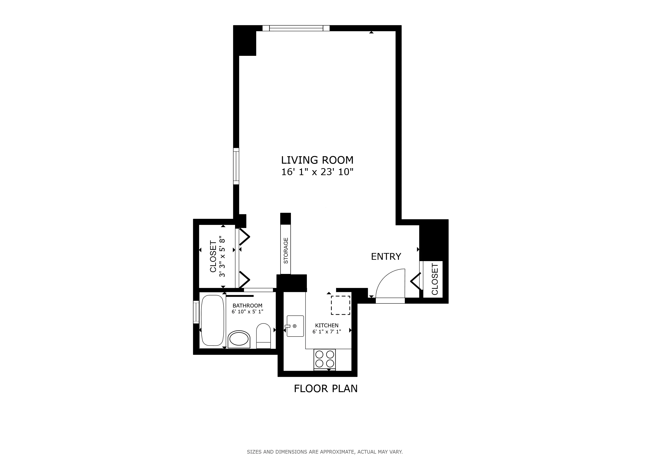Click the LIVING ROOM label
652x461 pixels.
click(x=317, y=160)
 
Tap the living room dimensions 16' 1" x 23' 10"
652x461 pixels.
click(x=317, y=172)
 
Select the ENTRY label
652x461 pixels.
click(x=386, y=257)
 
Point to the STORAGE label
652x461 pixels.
click(x=286, y=250)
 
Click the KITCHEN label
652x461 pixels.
click(x=327, y=325)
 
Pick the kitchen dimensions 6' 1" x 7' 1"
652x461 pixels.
click(x=327, y=331)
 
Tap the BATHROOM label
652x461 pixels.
click(x=247, y=305)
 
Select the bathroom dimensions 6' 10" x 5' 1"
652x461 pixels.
click(x=247, y=311)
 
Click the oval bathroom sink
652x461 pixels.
click(x=239, y=339)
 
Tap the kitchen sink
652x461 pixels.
click(x=295, y=326)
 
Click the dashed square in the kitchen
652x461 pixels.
click(x=340, y=305)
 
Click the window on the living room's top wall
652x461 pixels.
click(x=296, y=28)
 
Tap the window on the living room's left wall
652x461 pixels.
click(x=236, y=166)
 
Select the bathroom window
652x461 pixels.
click(x=196, y=312)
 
